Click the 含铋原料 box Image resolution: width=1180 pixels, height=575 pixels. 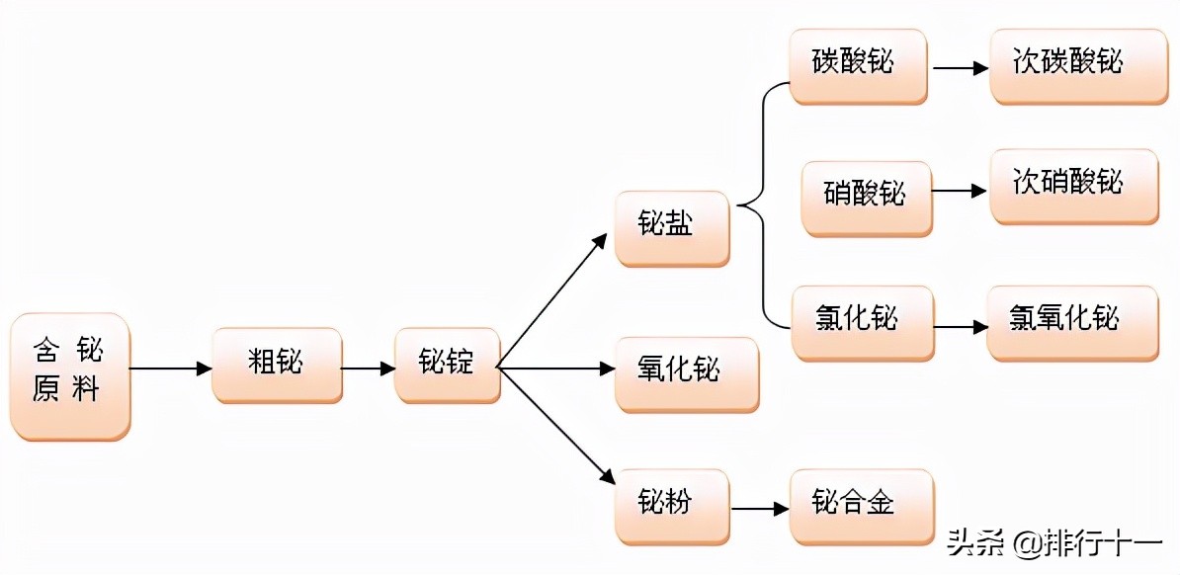(70, 375)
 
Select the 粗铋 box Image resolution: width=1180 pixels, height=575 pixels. (277, 365)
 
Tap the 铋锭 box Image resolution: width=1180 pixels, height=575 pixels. (448, 365)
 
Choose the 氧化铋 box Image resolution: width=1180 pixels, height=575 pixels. (686, 373)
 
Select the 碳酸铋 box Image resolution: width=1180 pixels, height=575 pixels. (858, 65)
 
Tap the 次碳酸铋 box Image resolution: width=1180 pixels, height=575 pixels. (1072, 65)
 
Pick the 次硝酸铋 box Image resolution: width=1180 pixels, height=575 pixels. (1073, 186)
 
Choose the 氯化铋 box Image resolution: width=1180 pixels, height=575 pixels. (862, 322)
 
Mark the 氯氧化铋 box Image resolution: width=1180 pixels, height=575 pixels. (1072, 322)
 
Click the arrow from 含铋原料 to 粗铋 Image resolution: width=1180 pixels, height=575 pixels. (171, 369)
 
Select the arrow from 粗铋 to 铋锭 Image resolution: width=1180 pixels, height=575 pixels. (368, 369)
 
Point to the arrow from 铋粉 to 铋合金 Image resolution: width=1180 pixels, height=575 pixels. (759, 510)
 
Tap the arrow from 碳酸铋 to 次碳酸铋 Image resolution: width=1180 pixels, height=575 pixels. (960, 68)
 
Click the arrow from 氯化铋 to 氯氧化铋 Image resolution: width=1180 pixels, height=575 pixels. (960, 326)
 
